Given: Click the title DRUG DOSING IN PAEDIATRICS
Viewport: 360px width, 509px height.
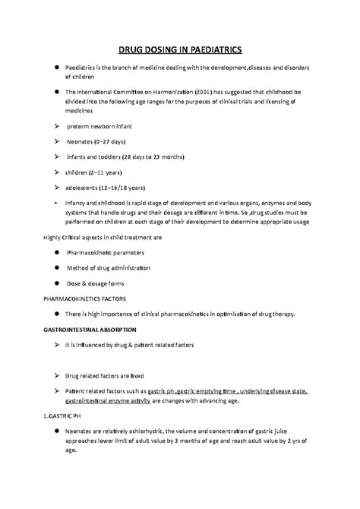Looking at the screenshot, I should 179,50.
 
